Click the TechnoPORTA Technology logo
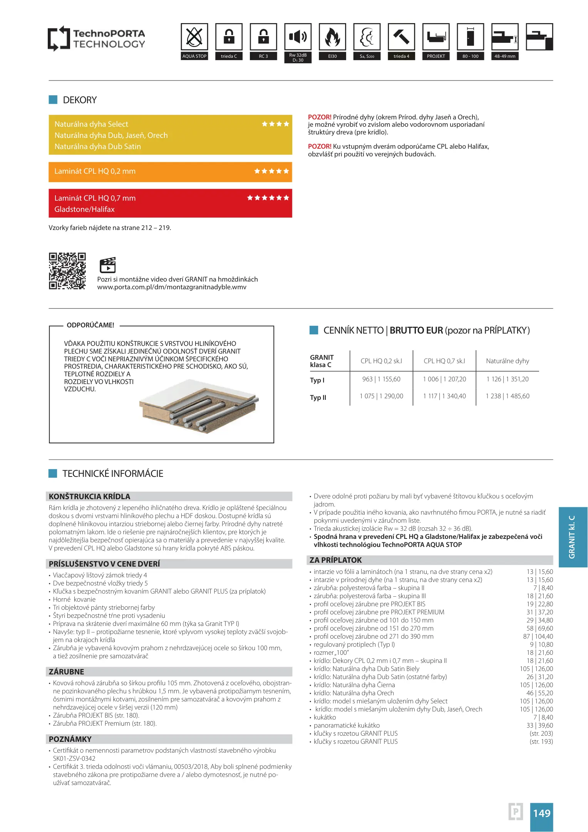click(x=97, y=39)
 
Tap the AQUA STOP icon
click(x=194, y=37)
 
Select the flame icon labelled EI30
click(x=332, y=37)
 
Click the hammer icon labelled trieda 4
click(x=401, y=37)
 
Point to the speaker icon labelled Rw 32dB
click(x=298, y=37)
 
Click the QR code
click(x=67, y=271)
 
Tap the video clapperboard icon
click(x=107, y=265)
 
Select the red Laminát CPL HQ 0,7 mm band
click(x=170, y=203)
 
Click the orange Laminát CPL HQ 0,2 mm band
click(x=170, y=171)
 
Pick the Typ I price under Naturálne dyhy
click(x=508, y=379)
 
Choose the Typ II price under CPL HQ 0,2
click(x=381, y=396)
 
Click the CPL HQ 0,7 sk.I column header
click(x=444, y=361)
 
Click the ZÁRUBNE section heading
click(x=66, y=671)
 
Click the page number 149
click(x=541, y=813)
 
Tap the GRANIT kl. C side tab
click(x=573, y=537)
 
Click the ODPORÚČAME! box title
click(x=90, y=325)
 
